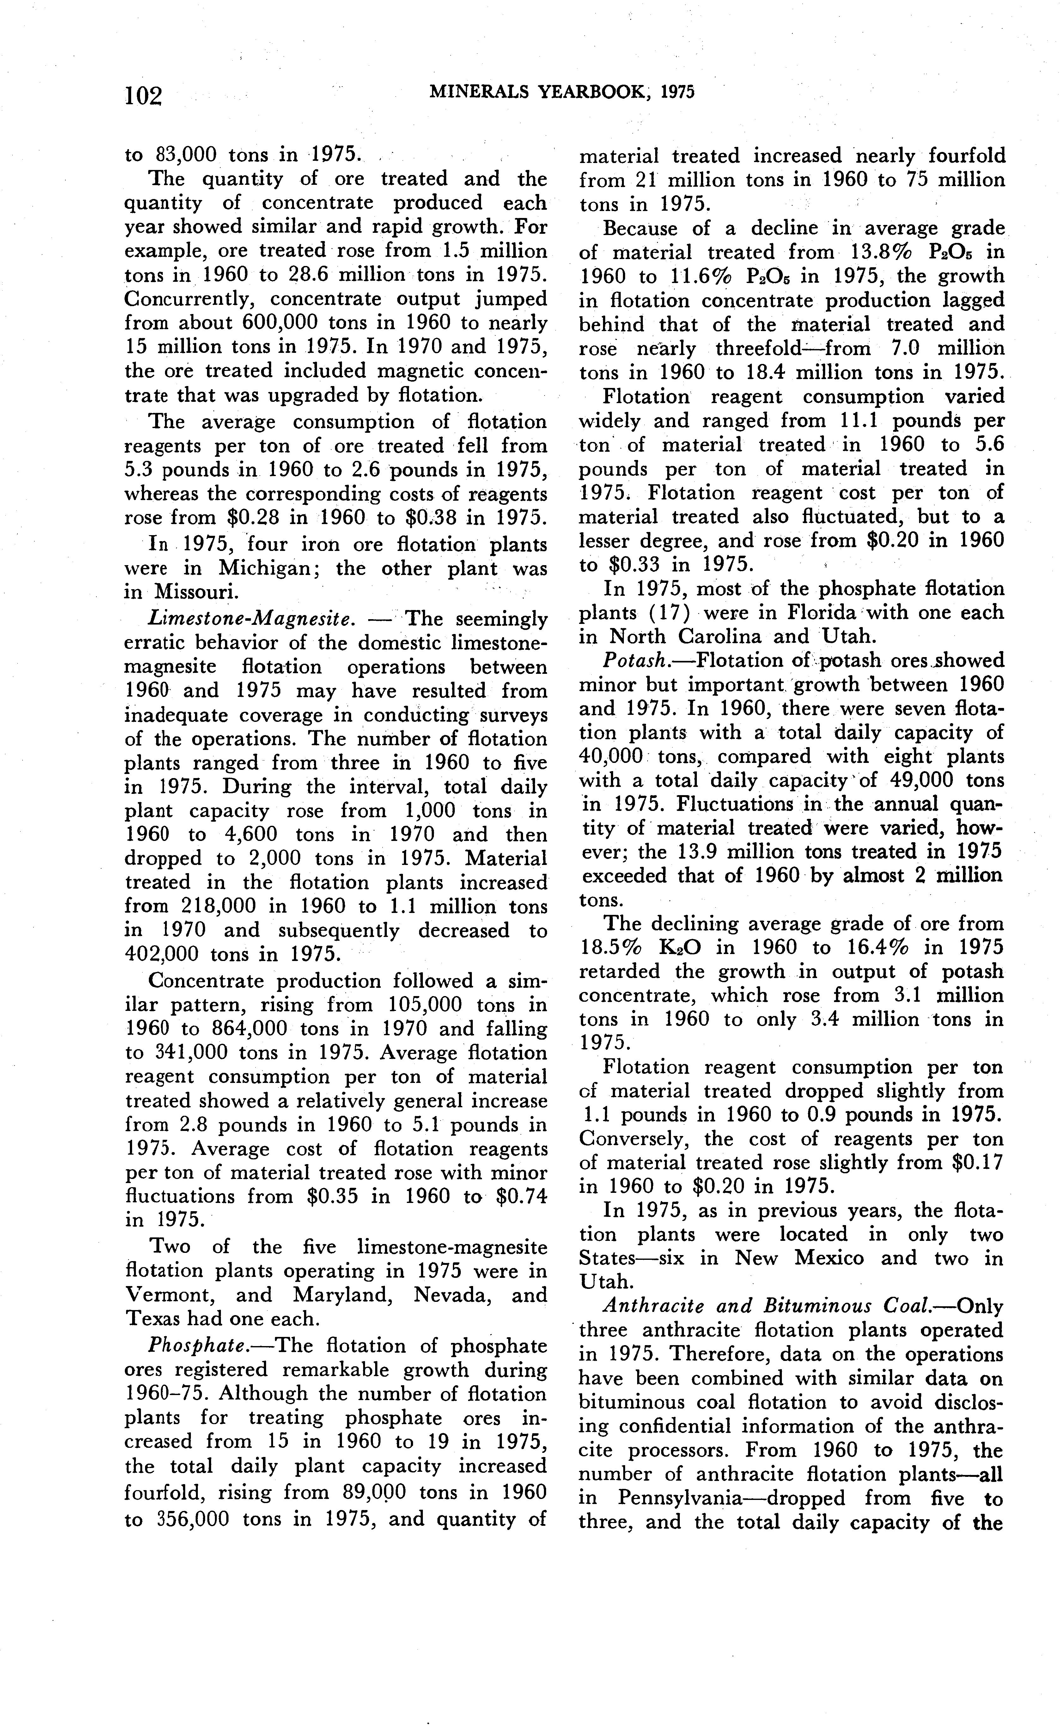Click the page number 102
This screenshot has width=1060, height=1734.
click(143, 95)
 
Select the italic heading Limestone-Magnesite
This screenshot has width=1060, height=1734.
click(250, 619)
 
